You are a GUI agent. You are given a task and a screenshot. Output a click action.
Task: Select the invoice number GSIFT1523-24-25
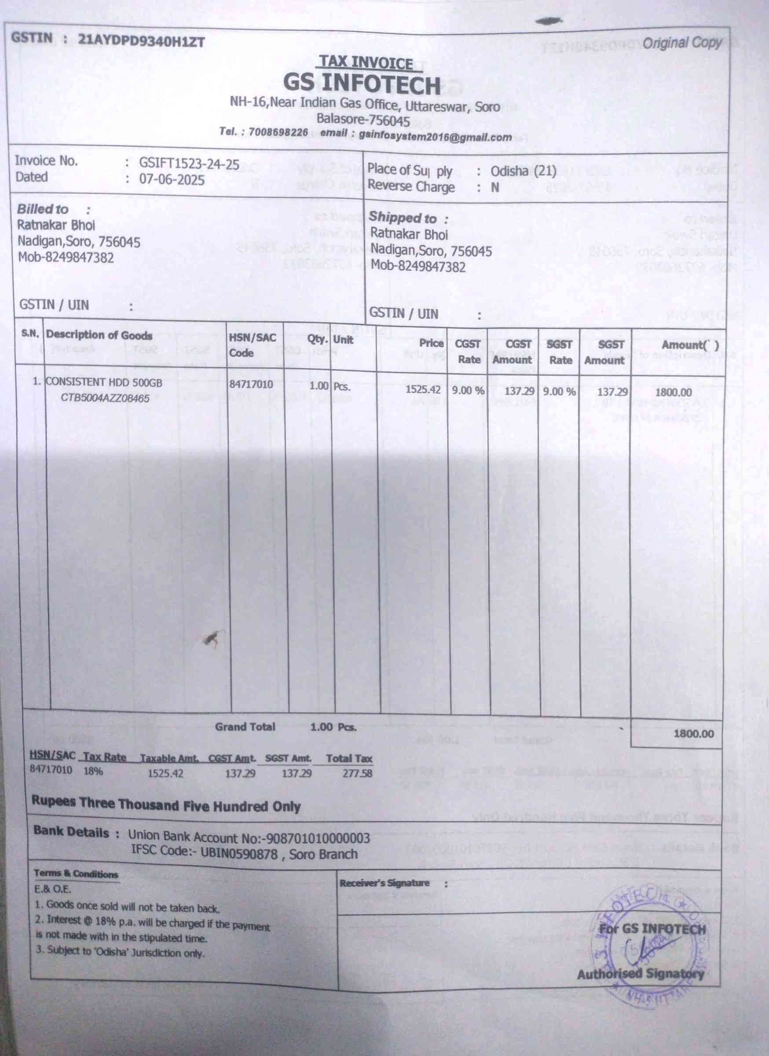[189, 163]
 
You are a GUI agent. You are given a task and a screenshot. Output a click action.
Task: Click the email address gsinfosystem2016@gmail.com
[435, 137]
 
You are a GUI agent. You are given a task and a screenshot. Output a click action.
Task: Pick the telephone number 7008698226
[278, 133]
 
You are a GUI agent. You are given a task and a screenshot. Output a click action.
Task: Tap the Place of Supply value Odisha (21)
[523, 171]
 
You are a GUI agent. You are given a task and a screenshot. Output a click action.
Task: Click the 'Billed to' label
[42, 209]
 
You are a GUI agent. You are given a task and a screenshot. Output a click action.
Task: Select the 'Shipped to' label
[403, 218]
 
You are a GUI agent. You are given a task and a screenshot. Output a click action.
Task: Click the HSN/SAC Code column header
[252, 345]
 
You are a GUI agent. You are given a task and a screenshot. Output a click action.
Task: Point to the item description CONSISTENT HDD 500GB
[104, 382]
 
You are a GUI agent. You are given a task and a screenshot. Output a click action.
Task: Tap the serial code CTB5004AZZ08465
[105, 398]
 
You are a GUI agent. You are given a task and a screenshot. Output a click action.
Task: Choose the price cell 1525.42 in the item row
[423, 389]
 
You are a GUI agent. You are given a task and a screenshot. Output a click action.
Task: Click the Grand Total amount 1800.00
[693, 734]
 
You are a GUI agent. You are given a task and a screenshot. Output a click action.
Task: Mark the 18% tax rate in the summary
[93, 770]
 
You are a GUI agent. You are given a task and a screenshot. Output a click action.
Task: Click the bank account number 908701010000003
[317, 839]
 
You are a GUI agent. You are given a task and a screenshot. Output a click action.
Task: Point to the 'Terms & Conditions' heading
[76, 874]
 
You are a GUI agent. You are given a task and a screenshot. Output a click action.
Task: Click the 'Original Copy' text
[682, 43]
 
